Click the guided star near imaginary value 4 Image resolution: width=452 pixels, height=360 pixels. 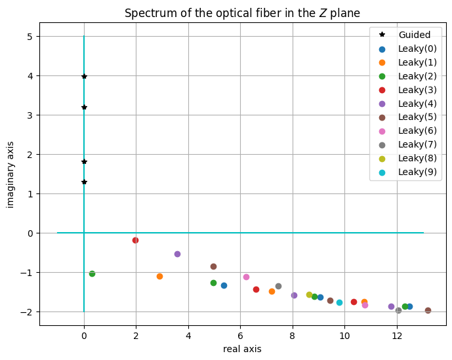(x=84, y=76)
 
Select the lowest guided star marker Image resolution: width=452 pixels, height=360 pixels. (x=84, y=182)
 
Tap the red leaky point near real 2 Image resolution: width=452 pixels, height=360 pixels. (x=136, y=241)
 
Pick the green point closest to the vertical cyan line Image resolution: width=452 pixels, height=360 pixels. (x=92, y=273)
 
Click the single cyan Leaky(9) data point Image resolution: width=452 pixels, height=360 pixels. (x=340, y=303)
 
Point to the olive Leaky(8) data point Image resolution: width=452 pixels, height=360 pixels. (x=309, y=294)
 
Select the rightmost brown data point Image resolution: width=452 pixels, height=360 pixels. (x=428, y=310)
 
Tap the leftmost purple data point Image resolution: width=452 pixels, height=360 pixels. (x=178, y=254)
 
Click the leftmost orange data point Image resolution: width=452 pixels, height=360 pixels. (x=159, y=277)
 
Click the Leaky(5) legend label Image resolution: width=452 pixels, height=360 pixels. (x=417, y=117)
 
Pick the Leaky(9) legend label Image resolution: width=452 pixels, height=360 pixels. (x=417, y=172)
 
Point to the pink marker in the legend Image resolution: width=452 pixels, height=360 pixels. (x=382, y=131)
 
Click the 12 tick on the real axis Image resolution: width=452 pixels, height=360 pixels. (x=397, y=336)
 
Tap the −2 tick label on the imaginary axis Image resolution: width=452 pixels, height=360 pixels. (x=26, y=312)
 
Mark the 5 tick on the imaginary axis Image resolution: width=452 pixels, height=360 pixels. (x=30, y=37)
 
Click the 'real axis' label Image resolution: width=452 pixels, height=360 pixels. (x=242, y=349)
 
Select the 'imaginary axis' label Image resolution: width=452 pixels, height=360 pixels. (x=10, y=174)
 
